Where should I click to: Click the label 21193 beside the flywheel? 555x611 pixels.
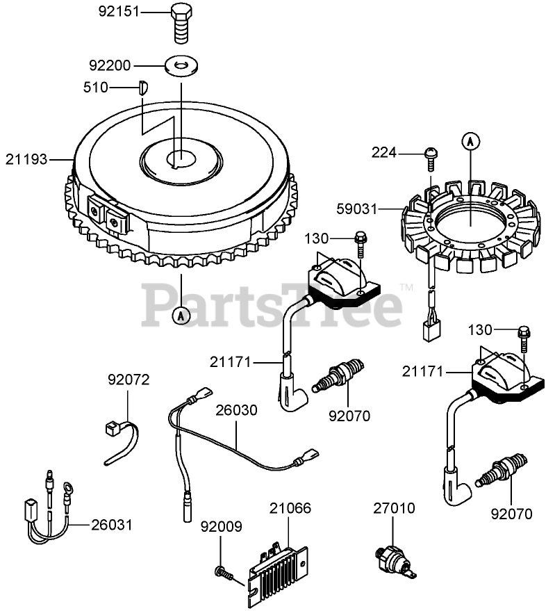click(28, 159)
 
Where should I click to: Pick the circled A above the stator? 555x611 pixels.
click(471, 142)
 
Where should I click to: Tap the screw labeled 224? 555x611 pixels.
click(430, 156)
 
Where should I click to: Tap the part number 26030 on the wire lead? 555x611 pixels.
click(236, 410)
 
